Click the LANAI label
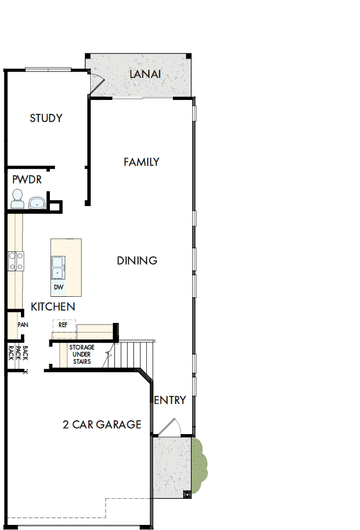[x=145, y=74]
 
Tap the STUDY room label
[x=46, y=118]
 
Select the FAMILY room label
[x=141, y=162]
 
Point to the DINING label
[x=137, y=260]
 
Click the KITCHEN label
[x=53, y=306]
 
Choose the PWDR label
[x=27, y=180]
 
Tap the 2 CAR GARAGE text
[x=101, y=424]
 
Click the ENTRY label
[x=170, y=400]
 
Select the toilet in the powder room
[x=16, y=199]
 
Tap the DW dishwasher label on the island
[x=58, y=287]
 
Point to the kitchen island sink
[x=58, y=268]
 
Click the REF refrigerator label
[x=63, y=325]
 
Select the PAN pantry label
[x=23, y=325]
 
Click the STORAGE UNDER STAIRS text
[x=82, y=354]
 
